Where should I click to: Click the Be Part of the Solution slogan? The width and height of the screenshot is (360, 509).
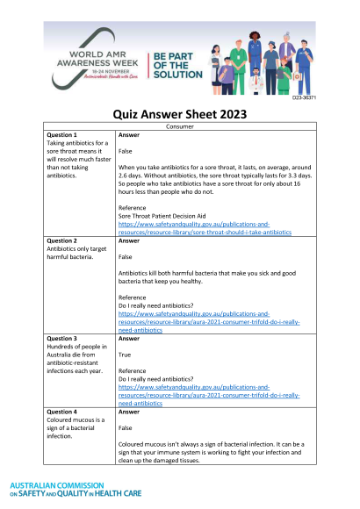point(176,65)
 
